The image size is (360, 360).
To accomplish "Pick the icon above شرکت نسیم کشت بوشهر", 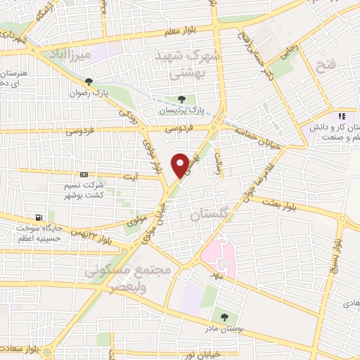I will click(x=84, y=174).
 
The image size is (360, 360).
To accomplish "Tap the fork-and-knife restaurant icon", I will click(x=342, y=116).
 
